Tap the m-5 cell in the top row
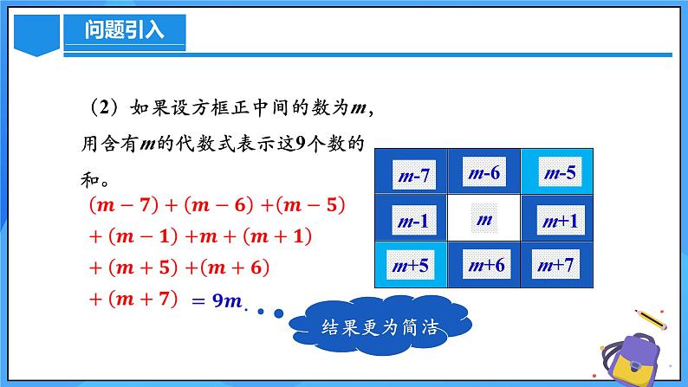click(x=557, y=171)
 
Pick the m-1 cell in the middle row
click(x=411, y=220)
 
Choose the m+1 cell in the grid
click(x=557, y=220)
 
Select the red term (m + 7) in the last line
click(x=135, y=300)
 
